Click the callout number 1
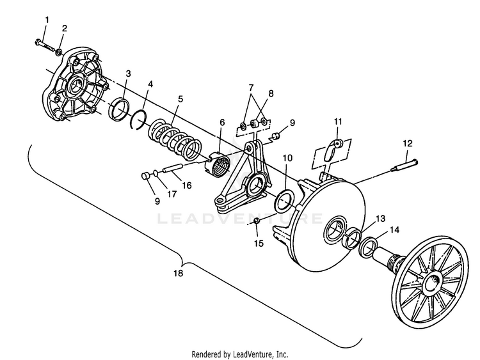[x=47, y=20]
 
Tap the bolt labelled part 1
[x=45, y=45]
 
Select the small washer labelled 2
[x=59, y=52]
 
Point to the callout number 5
[x=180, y=99]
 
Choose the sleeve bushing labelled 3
[x=119, y=109]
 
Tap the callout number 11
[x=338, y=121]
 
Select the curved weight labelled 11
[x=332, y=148]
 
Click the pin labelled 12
[x=404, y=165]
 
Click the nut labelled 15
[x=257, y=221]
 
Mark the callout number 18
[x=178, y=273]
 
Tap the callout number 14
[x=395, y=230]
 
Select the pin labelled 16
[x=172, y=168]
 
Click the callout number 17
[x=172, y=194]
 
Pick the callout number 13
[x=381, y=219]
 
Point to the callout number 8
[x=271, y=93]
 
